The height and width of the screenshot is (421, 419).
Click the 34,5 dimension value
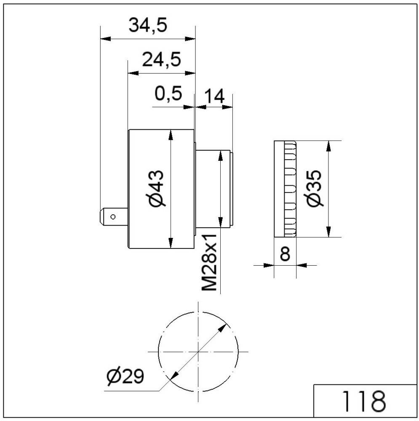(148, 26)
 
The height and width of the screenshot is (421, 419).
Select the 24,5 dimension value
(161, 60)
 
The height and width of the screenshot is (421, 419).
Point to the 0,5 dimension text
(168, 93)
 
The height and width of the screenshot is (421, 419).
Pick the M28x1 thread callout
(209, 262)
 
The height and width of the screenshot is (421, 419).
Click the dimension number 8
(285, 254)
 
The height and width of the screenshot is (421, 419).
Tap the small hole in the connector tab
(113, 217)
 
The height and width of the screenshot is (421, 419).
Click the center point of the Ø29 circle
(197, 352)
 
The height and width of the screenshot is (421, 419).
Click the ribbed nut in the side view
(285, 188)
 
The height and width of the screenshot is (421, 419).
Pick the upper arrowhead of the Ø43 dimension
(171, 135)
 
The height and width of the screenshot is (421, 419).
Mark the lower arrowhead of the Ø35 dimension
(329, 232)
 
